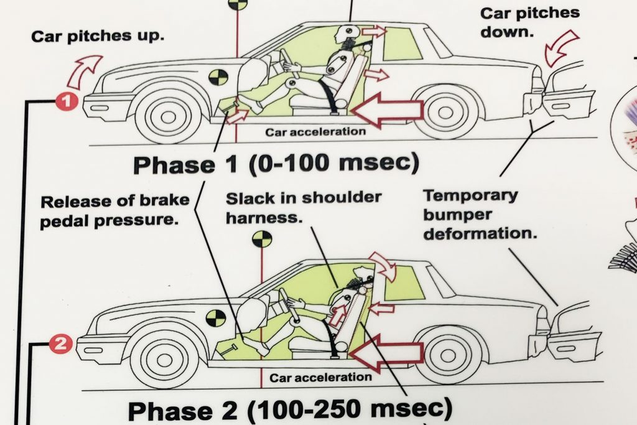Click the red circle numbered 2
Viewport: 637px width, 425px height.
coord(60,343)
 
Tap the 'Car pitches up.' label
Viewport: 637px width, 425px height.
coord(98,35)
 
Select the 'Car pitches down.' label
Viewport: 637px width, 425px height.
coord(529,22)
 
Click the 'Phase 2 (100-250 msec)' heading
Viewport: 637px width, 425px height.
coord(289,409)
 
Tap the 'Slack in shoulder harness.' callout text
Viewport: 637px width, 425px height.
coord(303,208)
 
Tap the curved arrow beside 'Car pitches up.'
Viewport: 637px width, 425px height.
coord(85,70)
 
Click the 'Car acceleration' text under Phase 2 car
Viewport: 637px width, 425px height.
coord(320,377)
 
